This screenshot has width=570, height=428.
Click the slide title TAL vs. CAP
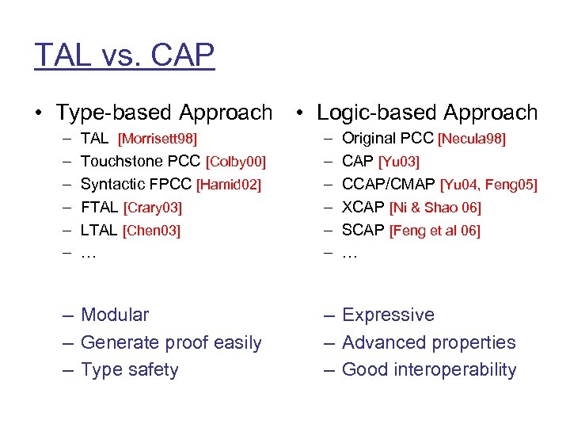pyautogui.click(x=124, y=55)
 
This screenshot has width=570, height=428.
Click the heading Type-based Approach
pyautogui.click(x=164, y=113)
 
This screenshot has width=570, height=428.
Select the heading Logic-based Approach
pyautogui.click(x=427, y=113)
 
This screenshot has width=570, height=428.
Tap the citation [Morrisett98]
pyautogui.click(x=157, y=139)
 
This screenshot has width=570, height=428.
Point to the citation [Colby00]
pyautogui.click(x=235, y=162)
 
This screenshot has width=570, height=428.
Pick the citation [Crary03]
pyautogui.click(x=153, y=208)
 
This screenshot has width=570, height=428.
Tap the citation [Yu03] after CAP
pyautogui.click(x=399, y=162)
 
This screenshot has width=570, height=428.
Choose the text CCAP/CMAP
pyautogui.click(x=389, y=185)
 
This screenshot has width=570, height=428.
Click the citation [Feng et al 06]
pyautogui.click(x=435, y=231)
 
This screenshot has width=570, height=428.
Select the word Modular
pyautogui.click(x=115, y=315)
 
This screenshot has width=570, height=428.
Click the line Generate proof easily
pyautogui.click(x=171, y=342)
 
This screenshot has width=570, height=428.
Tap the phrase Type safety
pyautogui.click(x=130, y=370)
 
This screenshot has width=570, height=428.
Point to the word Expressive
pyautogui.click(x=388, y=315)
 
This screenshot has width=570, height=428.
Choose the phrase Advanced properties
pyautogui.click(x=428, y=342)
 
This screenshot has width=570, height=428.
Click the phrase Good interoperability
pyautogui.click(x=428, y=370)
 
